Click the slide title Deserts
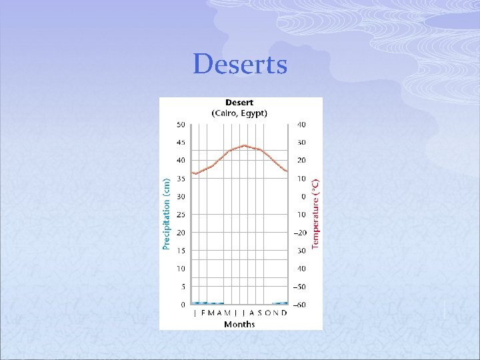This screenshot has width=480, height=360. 240,65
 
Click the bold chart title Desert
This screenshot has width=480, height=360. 239,103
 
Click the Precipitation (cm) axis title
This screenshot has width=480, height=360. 167,213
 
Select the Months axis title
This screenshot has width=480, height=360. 239,324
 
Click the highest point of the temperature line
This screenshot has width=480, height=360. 244,145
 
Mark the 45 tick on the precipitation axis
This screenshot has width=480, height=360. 181,143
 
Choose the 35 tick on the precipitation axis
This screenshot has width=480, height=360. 181,179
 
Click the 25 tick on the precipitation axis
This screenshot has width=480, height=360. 181,215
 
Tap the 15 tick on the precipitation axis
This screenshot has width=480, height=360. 181,251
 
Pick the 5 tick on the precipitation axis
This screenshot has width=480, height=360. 182,287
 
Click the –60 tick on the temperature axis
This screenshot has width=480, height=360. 301,305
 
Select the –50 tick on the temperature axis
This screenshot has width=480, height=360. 301,287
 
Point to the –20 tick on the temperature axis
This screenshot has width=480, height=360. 301,233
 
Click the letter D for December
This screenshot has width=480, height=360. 285,313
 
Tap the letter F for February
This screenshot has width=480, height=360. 203,313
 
